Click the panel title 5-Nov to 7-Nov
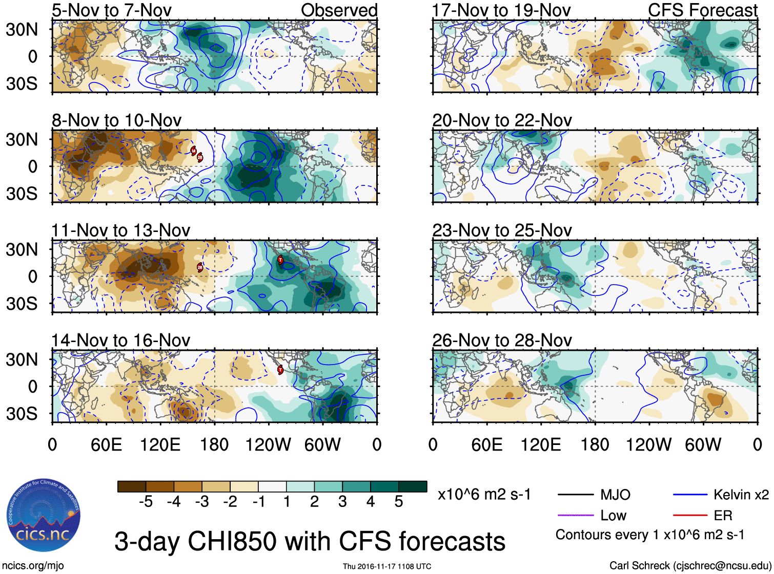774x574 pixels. (112, 10)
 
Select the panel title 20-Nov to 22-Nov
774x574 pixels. (502, 120)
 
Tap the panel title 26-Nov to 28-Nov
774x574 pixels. (502, 341)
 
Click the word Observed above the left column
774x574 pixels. (339, 10)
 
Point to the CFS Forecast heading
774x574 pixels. (702, 10)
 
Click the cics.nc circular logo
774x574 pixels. (43, 515)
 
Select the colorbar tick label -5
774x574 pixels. (146, 502)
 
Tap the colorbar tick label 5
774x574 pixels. (399, 502)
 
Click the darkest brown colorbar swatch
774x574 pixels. (132, 486)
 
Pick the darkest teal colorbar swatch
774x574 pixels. (413, 486)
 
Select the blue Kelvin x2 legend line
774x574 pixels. (690, 495)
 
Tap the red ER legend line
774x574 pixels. (690, 515)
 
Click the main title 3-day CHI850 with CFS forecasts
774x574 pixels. (310, 541)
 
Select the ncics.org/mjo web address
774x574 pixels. (33, 566)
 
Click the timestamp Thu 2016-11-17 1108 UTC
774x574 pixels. (387, 566)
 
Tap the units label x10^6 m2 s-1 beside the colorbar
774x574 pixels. (484, 495)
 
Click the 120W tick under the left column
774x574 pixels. (268, 444)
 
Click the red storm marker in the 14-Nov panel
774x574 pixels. (280, 369)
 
